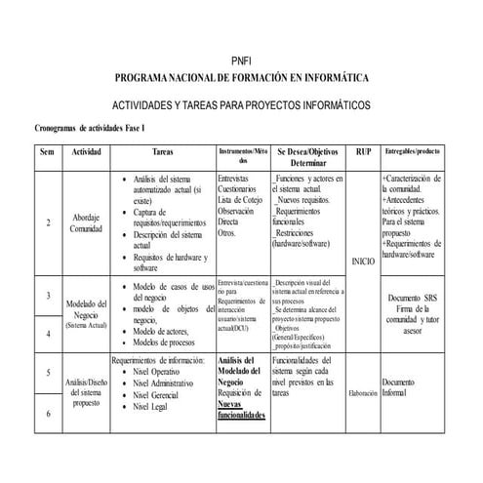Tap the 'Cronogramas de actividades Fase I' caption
click(x=89, y=128)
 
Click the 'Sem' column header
click(x=47, y=154)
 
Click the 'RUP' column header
click(x=364, y=154)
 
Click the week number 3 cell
click(x=49, y=296)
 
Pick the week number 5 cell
click(x=49, y=373)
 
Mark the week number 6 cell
click(x=49, y=414)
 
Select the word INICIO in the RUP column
click(x=362, y=262)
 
